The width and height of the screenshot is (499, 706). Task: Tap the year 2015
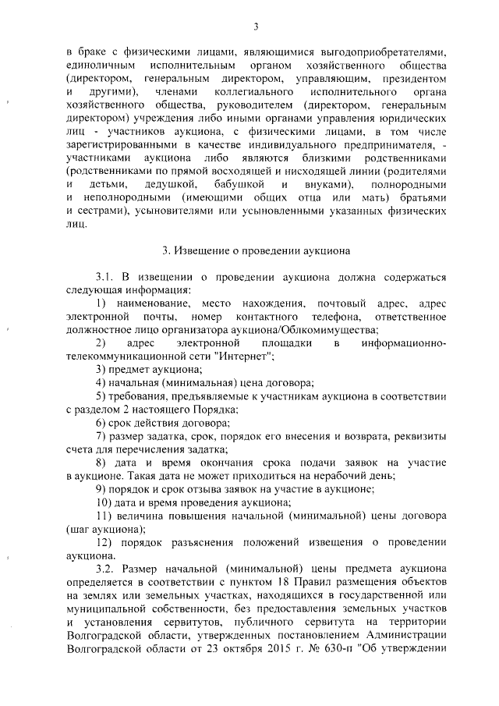(257, 663)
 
